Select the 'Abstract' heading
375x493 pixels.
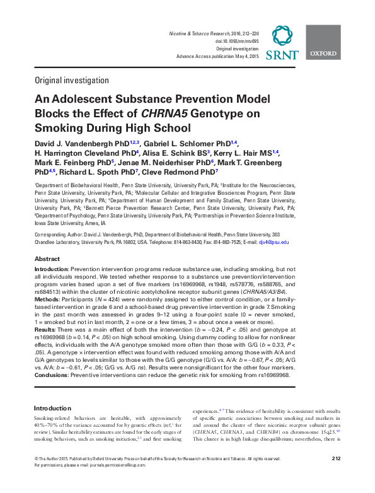click(x=47, y=259)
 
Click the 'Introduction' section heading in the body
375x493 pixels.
click(x=52, y=408)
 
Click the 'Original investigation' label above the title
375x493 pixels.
click(x=63, y=81)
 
